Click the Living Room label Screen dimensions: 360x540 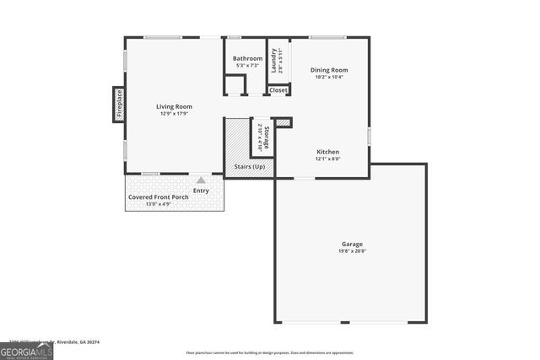pos(174,106)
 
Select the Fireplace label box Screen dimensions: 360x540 pos(119,104)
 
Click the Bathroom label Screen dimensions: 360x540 pos(247,59)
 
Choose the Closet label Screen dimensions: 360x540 pos(278,89)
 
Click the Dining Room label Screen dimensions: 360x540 pos(328,70)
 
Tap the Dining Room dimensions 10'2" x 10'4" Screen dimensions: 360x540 pos(328,77)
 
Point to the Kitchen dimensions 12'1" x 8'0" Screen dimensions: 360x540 pos(327,159)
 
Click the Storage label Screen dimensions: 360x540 pos(266,138)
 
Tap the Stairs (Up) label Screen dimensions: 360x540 pos(250,167)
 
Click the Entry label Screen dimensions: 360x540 pos(201,191)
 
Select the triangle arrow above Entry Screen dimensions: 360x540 pos(201,180)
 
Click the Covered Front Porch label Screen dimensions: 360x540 pos(158,197)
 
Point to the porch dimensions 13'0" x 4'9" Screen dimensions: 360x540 pos(158,204)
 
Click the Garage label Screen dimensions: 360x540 pos(352,244)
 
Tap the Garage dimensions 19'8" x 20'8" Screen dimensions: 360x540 pos(352,251)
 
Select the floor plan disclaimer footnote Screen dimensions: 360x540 pos(269,353)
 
